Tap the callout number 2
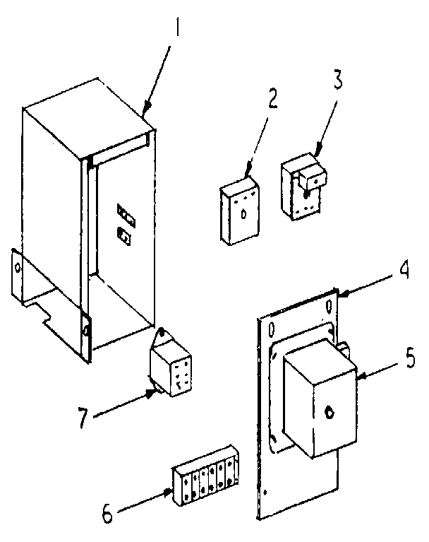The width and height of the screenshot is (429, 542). pos(272,98)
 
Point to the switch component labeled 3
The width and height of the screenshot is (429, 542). pos(303,187)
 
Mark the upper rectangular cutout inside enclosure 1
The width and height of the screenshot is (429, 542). pos(125,212)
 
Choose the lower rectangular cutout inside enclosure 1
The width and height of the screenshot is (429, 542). pos(124,236)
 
